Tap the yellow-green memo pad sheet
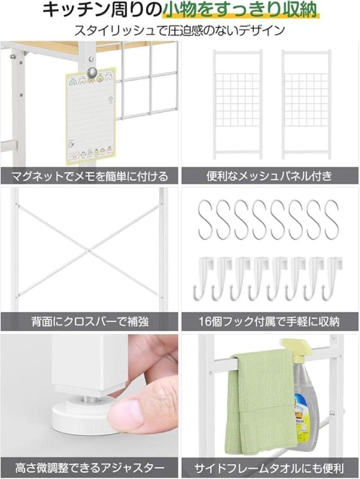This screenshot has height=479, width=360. (x=90, y=116)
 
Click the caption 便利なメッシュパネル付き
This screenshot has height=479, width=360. (x=269, y=176)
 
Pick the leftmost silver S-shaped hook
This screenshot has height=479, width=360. (x=206, y=220)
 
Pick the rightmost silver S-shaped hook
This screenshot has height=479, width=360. (x=332, y=220)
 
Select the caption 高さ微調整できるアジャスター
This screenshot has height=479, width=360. (x=90, y=467)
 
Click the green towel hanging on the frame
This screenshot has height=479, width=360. (x=260, y=399)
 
